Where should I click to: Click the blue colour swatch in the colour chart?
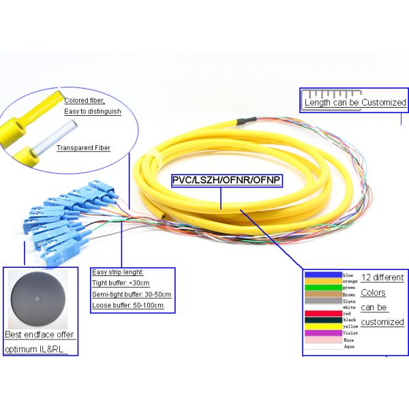(322, 275)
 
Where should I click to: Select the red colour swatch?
(322, 314)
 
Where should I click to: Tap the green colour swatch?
(322, 288)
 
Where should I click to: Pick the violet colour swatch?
(322, 333)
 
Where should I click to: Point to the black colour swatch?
(322, 320)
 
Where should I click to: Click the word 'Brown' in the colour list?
(350, 294)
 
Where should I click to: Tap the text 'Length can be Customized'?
(355, 103)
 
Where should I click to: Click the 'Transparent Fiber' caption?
(83, 147)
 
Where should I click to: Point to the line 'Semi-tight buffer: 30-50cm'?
(130, 294)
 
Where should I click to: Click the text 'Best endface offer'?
(39, 335)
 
